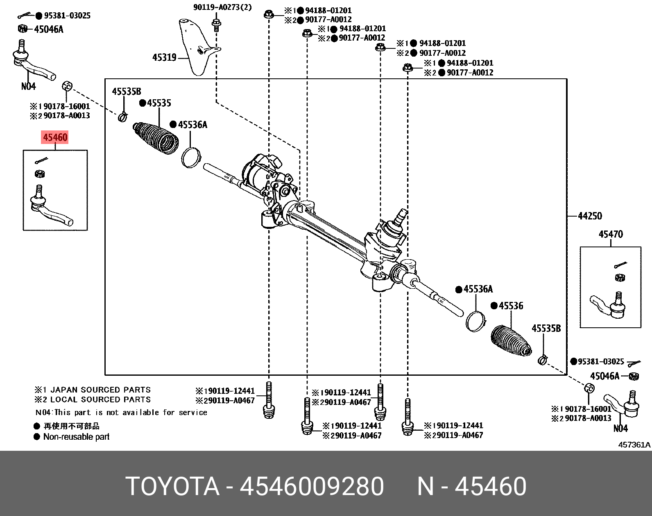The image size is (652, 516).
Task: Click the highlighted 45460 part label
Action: [55, 137]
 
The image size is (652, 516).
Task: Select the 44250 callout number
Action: [590, 216]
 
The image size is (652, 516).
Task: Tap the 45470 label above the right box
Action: [610, 234]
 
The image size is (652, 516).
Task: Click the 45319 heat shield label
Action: [164, 57]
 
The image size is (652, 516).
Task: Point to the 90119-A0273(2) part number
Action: [223, 7]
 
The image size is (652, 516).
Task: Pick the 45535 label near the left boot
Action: [158, 103]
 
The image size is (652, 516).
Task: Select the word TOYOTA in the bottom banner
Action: [172, 486]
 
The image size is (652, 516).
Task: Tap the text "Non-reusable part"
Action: [76, 437]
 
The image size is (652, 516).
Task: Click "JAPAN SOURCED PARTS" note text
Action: [100, 390]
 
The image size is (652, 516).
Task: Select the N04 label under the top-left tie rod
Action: [28, 86]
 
